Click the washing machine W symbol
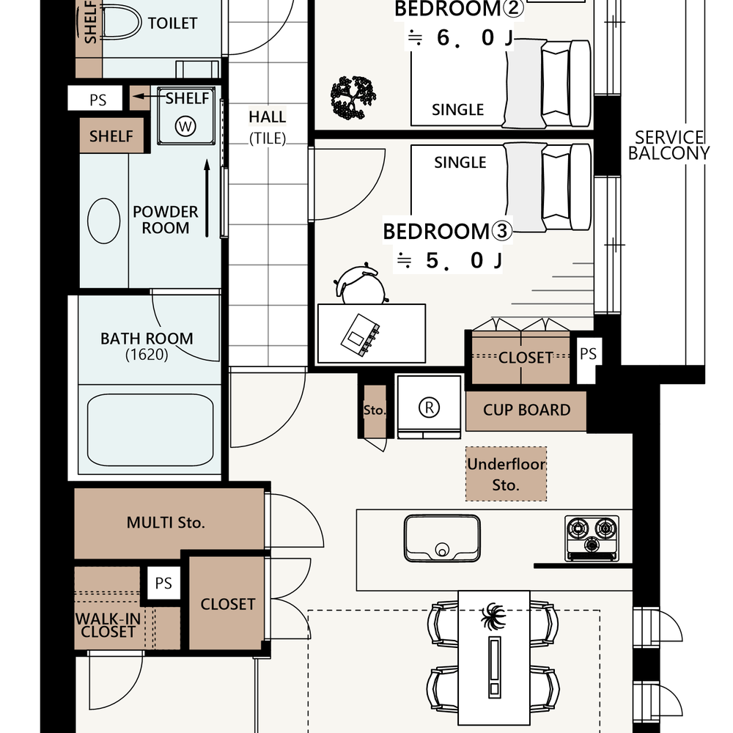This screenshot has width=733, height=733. point(185,126)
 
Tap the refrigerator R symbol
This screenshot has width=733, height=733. point(429,407)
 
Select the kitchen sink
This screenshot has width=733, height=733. point(442,538)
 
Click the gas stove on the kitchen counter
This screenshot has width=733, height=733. point(592,538)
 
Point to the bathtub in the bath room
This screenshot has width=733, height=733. point(150,430)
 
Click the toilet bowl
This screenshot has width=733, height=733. point(121,22)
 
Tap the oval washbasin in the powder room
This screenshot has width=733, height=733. point(104,221)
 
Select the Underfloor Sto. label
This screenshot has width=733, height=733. point(507,474)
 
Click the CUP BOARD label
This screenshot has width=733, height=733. point(527,410)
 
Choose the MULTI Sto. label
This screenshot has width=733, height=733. point(166,522)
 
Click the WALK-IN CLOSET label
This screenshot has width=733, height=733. point(108,625)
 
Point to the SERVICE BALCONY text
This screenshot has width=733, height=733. point(668,145)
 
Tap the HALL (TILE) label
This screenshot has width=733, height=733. point(268,127)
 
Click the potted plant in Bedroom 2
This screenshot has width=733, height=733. point(353,97)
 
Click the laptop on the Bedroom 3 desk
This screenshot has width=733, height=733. point(360,335)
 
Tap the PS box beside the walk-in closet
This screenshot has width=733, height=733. point(163,583)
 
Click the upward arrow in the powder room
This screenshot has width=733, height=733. point(207,198)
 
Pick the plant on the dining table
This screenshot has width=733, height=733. point(493,616)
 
